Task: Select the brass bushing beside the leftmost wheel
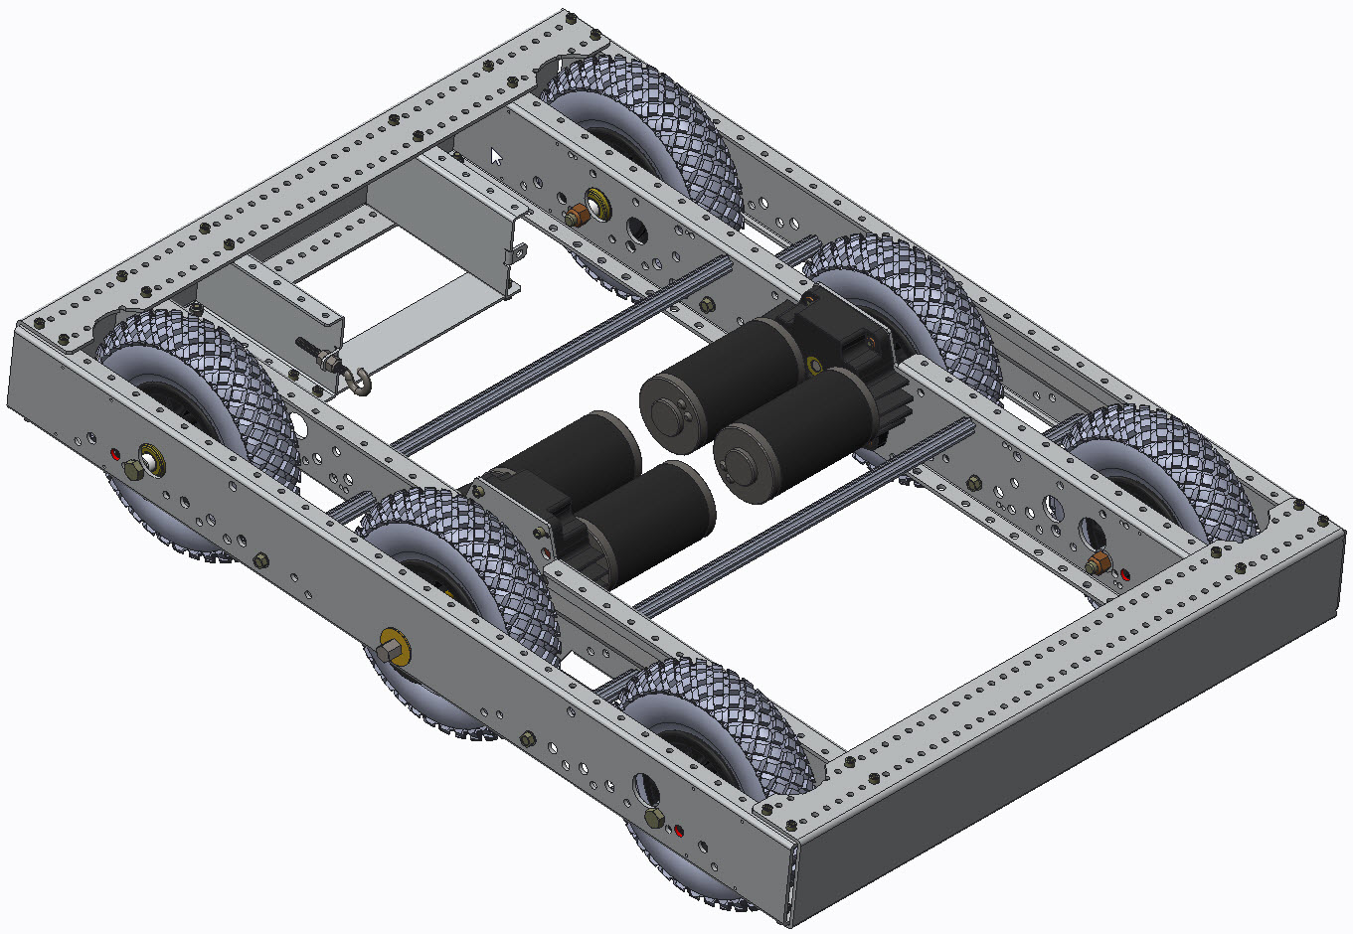(152, 458)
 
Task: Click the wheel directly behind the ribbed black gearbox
(905, 298)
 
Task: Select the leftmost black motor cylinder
(587, 452)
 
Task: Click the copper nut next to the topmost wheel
(576, 215)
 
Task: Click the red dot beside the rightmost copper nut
(1124, 574)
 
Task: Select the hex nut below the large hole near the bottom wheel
(654, 817)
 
